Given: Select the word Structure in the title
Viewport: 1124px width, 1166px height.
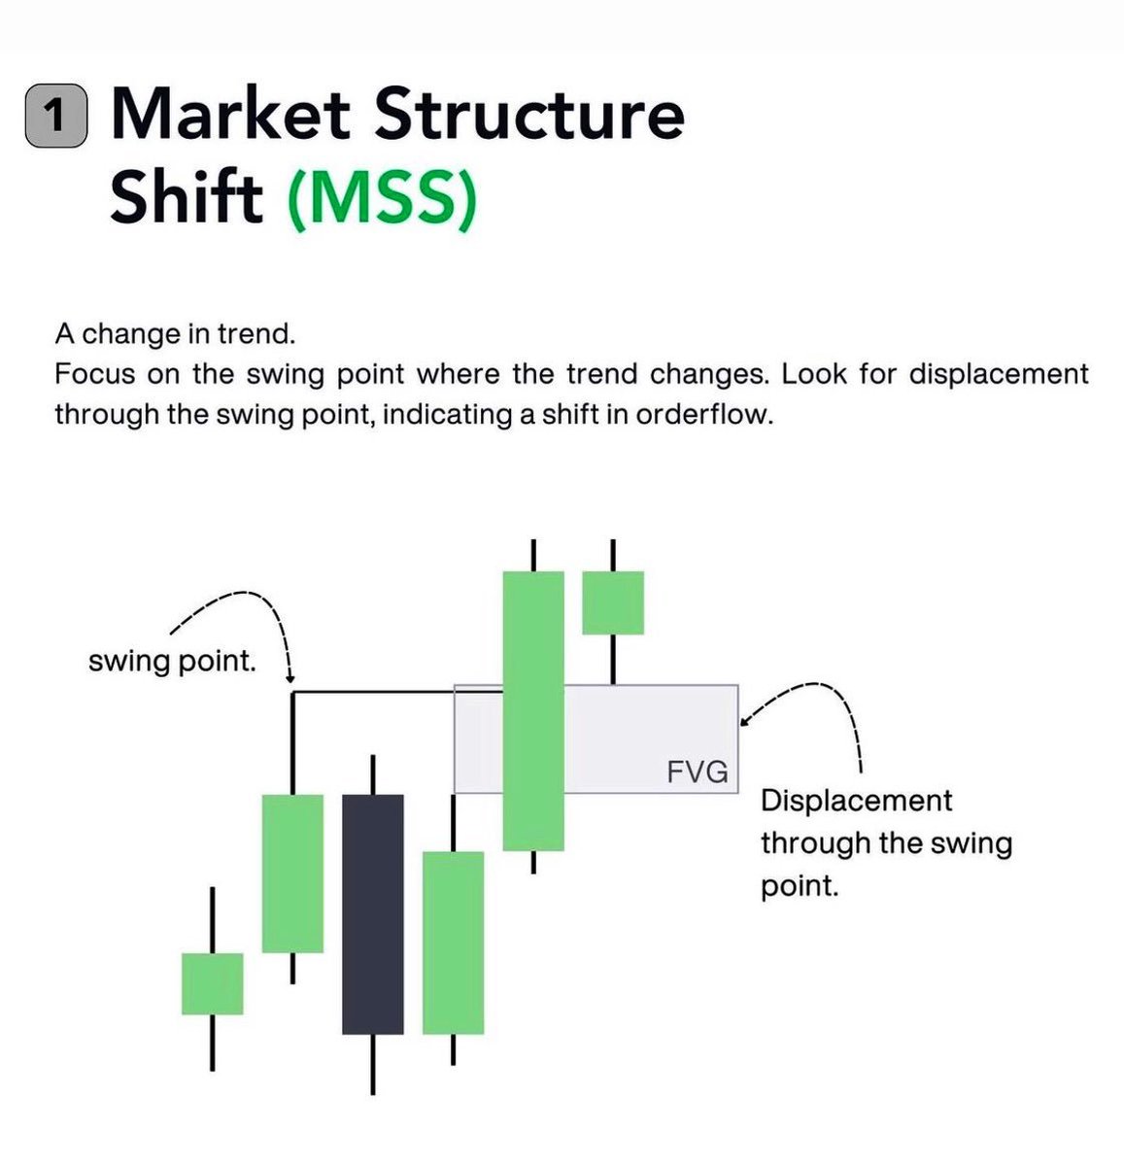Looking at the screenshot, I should coord(529,114).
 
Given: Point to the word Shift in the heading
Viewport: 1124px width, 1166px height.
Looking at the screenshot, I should coord(187,197).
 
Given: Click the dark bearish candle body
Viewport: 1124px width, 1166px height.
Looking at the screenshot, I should coord(372,913).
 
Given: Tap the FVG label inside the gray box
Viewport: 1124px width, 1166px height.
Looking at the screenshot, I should coord(698,772).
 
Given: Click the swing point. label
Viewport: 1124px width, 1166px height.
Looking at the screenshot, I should coord(172,663).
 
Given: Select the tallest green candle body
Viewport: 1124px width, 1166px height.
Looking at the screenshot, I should coord(533,710).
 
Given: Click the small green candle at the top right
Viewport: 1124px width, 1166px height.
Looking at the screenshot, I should coord(612,602).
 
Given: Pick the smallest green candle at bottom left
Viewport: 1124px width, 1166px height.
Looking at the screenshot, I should coord(212,983).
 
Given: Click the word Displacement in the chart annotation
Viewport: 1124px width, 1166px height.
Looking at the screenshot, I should coord(856,801).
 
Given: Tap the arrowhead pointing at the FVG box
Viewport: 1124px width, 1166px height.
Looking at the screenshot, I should coord(743,721).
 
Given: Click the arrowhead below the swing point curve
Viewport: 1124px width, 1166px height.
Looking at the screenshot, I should coord(290,677).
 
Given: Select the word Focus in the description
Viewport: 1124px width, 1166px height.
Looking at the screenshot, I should coord(95,374).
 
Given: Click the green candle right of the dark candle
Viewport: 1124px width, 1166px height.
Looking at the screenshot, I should coord(453,942).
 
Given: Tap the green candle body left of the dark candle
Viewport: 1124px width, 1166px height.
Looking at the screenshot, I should coord(292,873).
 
